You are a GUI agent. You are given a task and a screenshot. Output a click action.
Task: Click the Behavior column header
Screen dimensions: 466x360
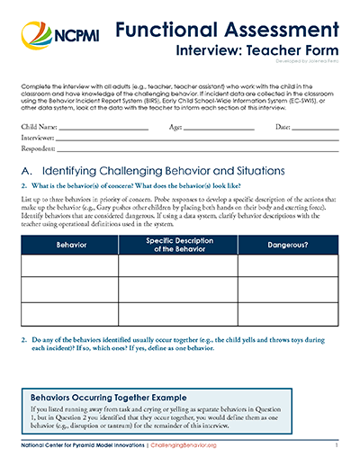click(70, 244)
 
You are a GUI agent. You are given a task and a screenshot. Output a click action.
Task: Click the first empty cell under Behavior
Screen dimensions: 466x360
click(70, 266)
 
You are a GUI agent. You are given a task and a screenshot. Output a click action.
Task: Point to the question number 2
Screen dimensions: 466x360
click(24, 341)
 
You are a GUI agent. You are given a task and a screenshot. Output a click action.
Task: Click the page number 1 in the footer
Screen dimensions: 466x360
click(335, 446)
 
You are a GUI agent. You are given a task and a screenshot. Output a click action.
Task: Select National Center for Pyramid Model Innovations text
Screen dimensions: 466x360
click(80, 446)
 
